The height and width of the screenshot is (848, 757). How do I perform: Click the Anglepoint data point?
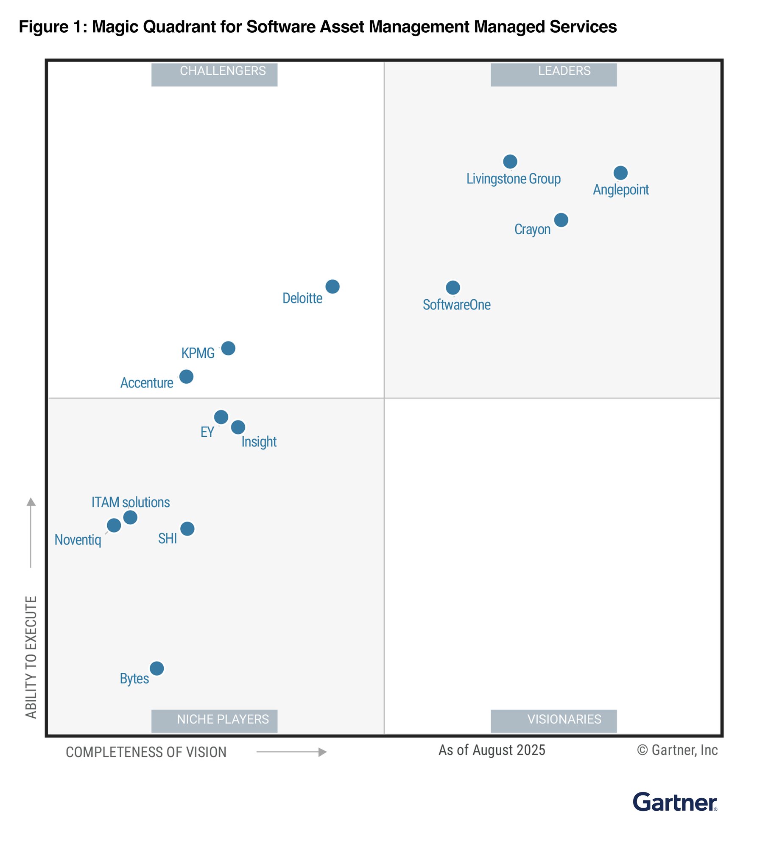[620, 173]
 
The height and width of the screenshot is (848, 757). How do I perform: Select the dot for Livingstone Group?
[510, 161]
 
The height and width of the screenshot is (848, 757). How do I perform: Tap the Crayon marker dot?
[561, 220]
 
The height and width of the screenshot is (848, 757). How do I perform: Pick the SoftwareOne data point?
[453, 288]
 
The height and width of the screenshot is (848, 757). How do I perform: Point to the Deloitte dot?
[332, 286]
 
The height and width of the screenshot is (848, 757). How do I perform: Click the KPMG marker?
[228, 348]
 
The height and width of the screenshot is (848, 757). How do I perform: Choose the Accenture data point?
[186, 376]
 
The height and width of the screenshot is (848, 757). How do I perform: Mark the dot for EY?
[221, 417]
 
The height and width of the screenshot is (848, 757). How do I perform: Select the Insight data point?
[238, 427]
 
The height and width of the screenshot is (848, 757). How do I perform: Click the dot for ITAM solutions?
[130, 517]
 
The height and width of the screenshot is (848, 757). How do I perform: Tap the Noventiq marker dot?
[114, 525]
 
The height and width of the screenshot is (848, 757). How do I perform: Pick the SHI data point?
[187, 529]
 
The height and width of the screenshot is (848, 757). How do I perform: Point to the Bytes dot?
[156, 668]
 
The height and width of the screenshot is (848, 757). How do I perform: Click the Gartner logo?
[674, 803]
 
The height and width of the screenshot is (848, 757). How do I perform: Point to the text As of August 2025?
[492, 750]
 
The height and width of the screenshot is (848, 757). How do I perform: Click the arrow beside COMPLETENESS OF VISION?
[291, 752]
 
